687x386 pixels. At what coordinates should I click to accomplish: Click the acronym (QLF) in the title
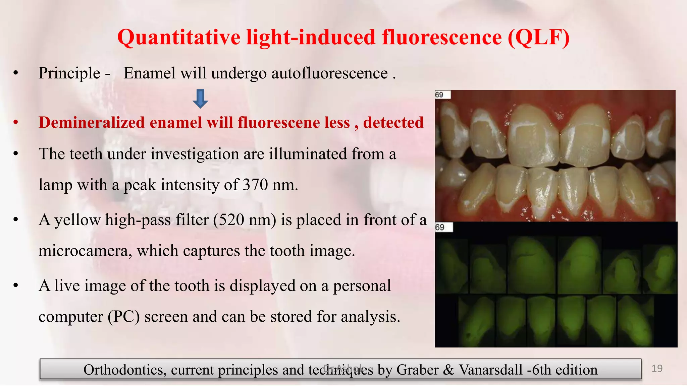point(538,37)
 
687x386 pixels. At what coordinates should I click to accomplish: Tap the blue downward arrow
point(200,99)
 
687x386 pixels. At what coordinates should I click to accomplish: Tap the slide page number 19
point(657,369)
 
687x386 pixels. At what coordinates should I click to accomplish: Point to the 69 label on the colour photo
point(439,95)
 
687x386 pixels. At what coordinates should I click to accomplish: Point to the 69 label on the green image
point(440,227)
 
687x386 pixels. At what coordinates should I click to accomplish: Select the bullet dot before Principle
point(15,73)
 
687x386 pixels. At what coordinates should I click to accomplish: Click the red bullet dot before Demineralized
point(15,123)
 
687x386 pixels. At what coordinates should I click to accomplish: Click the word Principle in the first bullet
point(69,73)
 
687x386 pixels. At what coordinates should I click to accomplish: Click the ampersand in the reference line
point(448,370)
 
